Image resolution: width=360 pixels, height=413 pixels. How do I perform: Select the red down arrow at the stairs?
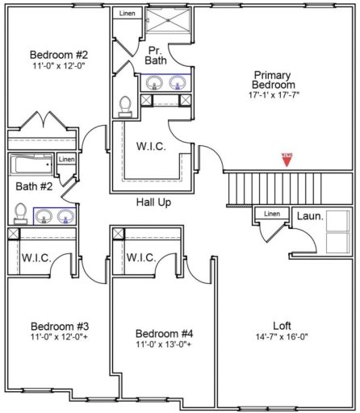click(286, 160)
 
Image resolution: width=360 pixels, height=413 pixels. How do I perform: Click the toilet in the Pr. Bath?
click(124, 104)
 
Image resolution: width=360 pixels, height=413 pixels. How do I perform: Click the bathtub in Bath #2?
click(31, 165)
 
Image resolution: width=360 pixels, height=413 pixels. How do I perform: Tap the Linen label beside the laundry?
click(272, 214)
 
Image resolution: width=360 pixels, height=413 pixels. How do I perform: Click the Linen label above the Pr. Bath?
click(127, 14)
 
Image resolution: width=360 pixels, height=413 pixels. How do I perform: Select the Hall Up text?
click(153, 202)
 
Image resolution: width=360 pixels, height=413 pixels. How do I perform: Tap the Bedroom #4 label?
click(164, 333)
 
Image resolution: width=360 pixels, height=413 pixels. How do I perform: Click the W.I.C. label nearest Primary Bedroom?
click(153, 147)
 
